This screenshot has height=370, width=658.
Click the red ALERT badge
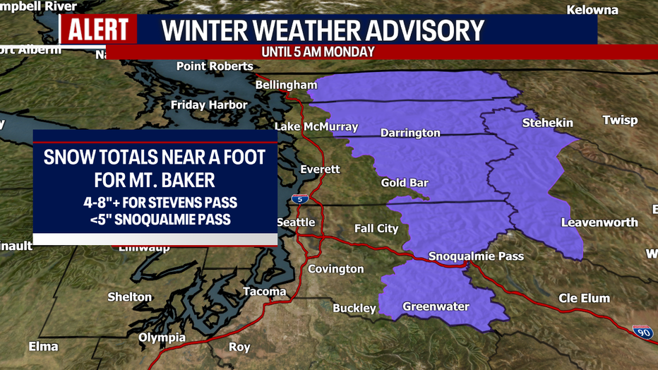pos(98,30)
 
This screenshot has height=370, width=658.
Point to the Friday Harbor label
pos(209,105)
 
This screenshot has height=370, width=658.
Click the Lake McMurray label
pos(316,127)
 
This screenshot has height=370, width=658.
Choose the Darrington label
pos(410,133)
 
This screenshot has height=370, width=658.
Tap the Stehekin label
pos(547,123)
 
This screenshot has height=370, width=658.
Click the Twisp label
pos(620,120)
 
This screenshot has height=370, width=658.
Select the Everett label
pos(320,169)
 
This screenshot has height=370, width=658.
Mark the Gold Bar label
pos(405,183)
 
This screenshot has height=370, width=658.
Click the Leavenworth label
pos(599,222)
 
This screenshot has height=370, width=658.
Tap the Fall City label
pos(376,228)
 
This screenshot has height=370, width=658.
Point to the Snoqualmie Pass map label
pos(477,256)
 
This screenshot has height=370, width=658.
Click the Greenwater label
pos(436,306)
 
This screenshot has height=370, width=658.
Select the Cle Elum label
pos(584,298)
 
